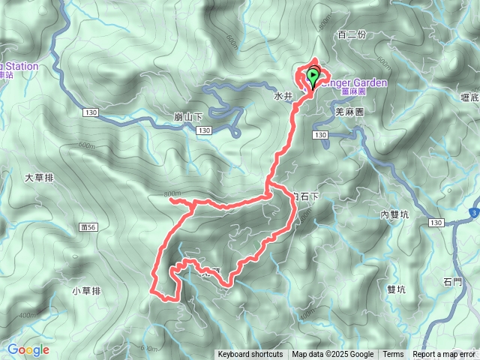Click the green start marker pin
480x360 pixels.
click(312, 76)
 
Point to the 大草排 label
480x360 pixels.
click(39, 178)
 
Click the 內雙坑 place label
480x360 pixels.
click(394, 214)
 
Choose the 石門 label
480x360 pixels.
click(453, 282)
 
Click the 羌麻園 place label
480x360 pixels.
click(349, 111)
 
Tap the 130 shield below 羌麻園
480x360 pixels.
click(321, 135)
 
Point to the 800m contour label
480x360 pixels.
click(172, 194)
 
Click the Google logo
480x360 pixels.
click(28, 349)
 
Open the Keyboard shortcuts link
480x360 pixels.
click(250, 355)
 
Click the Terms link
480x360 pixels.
click(393, 355)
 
